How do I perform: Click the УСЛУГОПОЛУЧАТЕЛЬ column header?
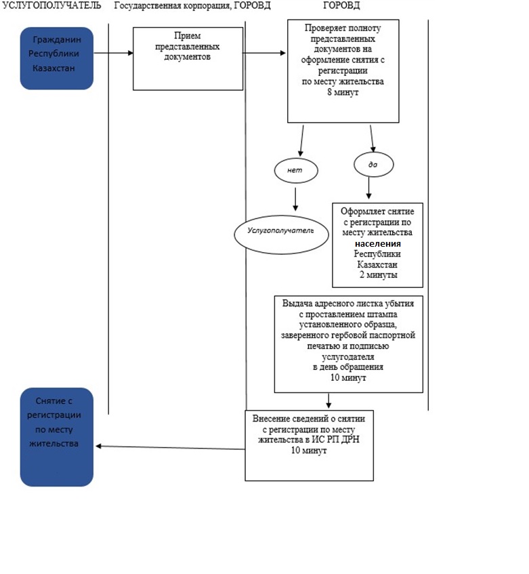(x=51, y=5)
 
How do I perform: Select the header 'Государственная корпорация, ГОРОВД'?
(x=192, y=5)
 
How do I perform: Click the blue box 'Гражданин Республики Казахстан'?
(x=57, y=58)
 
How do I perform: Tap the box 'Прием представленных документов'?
(x=188, y=58)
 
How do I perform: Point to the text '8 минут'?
(x=343, y=92)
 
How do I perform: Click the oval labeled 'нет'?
(x=296, y=170)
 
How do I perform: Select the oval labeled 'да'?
(x=373, y=165)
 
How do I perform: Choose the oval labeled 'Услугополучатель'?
(x=281, y=234)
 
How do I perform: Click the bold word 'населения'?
(x=377, y=244)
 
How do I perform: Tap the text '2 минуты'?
(x=378, y=275)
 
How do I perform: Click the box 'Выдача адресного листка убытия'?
(x=349, y=344)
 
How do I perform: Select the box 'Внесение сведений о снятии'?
(x=309, y=445)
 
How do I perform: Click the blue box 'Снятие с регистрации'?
(x=57, y=437)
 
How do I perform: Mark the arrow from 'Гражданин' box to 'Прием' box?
(x=113, y=53)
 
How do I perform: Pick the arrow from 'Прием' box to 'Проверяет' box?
(x=264, y=53)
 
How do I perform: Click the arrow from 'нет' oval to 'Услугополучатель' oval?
(x=295, y=199)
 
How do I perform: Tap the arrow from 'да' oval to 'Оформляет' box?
(x=368, y=188)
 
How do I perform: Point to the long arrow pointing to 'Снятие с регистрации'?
(x=170, y=448)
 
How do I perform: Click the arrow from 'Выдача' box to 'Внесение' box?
(x=329, y=401)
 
